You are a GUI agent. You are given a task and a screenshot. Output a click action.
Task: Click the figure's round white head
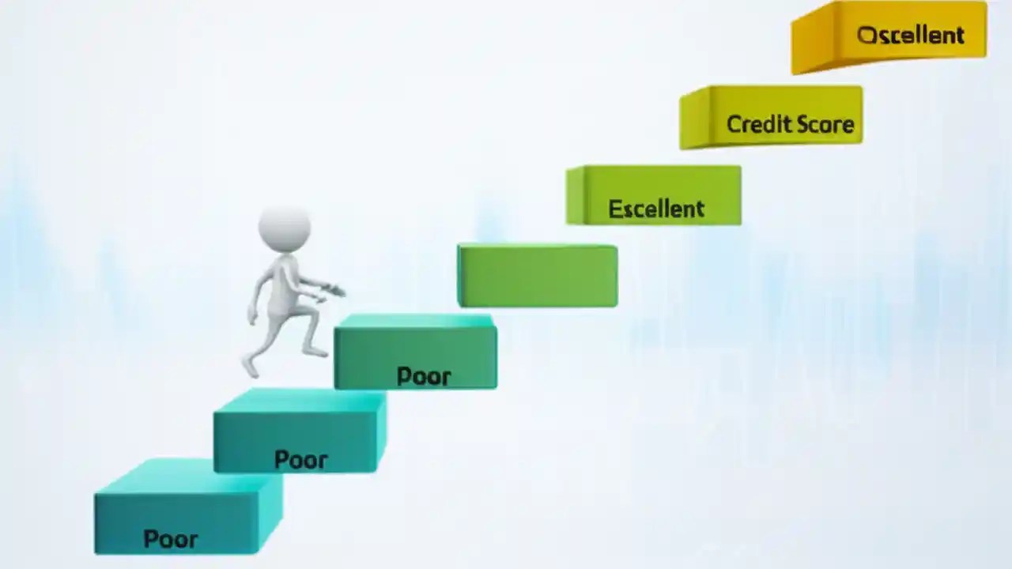pos(284,228)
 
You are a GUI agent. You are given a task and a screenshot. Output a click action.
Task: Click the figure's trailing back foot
pos(250,366)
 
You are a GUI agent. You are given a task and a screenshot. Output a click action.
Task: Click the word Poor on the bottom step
pos(171,540)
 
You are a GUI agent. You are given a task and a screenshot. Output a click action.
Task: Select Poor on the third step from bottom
pos(424,376)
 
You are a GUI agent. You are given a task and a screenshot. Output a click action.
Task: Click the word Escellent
pos(656,209)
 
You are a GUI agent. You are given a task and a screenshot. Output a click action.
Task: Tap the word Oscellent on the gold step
pos(911,35)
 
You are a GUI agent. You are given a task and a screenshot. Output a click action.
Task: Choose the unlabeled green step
pos(538,276)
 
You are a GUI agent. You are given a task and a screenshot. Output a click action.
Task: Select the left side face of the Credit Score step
pos(694,119)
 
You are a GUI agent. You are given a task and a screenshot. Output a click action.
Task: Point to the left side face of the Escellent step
pos(575,195)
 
